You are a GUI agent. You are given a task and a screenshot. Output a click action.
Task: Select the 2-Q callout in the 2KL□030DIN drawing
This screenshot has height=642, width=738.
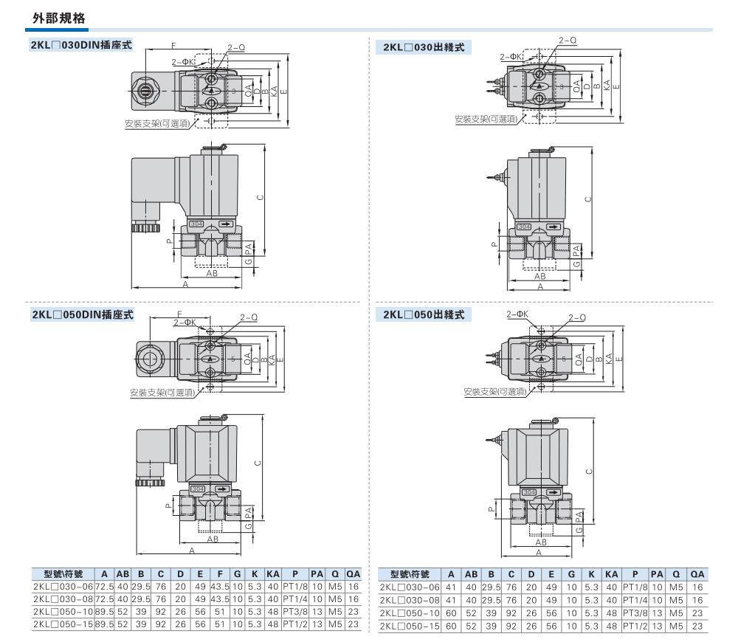click(x=236, y=48)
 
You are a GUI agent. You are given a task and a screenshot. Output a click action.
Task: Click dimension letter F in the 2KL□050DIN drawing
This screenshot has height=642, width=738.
click(x=179, y=315)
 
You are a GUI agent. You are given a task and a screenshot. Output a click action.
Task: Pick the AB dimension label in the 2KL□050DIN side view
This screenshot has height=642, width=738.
click(x=212, y=539)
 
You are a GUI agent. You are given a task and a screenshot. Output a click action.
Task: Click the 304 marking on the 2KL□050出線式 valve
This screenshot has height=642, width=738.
click(x=528, y=491)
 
